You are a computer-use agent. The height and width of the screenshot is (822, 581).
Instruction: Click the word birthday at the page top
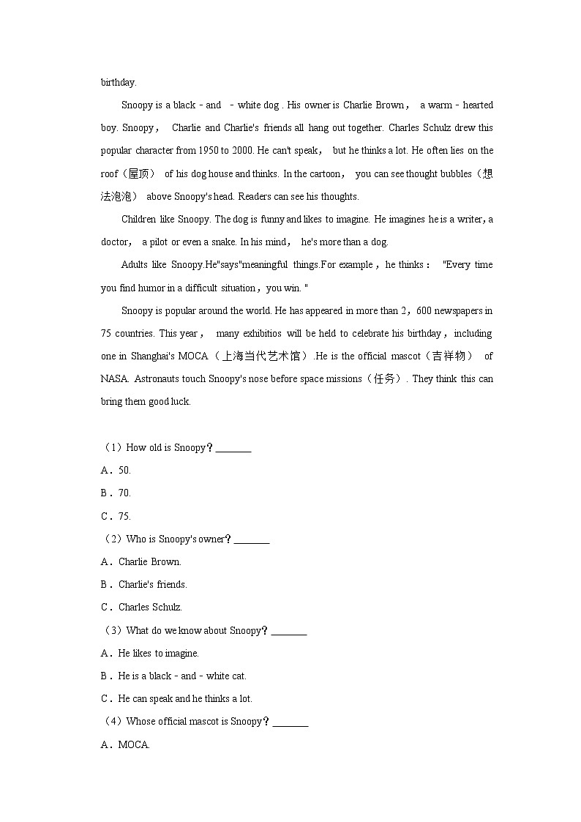119,83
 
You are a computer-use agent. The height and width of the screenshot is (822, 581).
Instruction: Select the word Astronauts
160,379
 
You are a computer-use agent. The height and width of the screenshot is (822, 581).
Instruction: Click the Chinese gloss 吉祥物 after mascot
447,356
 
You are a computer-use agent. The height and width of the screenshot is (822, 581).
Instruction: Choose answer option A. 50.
116,470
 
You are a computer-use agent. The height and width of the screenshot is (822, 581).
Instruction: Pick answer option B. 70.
116,493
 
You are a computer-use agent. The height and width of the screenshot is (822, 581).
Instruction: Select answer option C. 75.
116,516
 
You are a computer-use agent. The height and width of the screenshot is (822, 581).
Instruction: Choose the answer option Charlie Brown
149,562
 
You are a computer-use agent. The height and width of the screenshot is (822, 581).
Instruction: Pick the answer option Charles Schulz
150,608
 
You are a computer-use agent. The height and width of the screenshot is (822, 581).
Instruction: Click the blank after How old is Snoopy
233,448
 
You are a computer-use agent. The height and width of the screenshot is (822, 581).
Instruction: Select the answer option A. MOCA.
126,745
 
